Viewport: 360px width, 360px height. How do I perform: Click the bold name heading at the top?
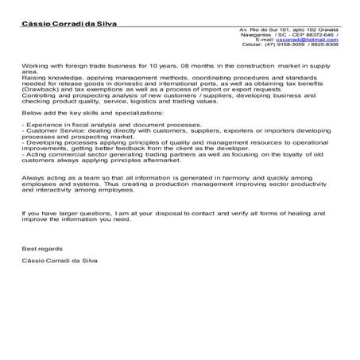68,25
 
